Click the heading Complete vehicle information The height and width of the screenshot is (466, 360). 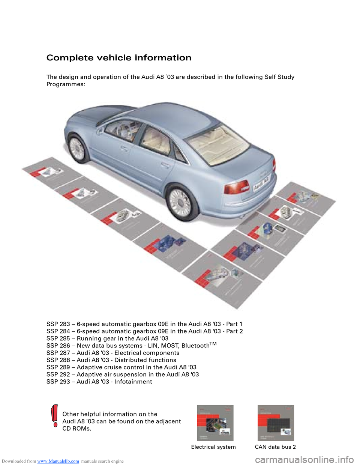click(119, 58)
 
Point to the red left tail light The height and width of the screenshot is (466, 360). click(236, 186)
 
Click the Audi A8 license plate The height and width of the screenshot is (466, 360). click(261, 184)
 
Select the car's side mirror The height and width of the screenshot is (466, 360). click(100, 131)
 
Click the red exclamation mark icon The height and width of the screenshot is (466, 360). click(54, 415)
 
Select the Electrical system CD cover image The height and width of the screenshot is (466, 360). click(215, 423)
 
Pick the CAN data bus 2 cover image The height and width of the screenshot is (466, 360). click(276, 423)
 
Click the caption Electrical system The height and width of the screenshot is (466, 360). click(213, 447)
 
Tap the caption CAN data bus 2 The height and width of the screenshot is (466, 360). click(275, 447)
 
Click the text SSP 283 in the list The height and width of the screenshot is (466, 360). click(58, 324)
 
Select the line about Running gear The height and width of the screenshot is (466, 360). click(107, 338)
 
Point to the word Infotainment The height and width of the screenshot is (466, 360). click(133, 382)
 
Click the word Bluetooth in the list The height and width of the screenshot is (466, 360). click(195, 346)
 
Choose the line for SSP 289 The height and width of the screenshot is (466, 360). click(121, 367)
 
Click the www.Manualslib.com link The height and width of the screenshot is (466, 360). click(58, 461)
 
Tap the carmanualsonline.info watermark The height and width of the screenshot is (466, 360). click(304, 460)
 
